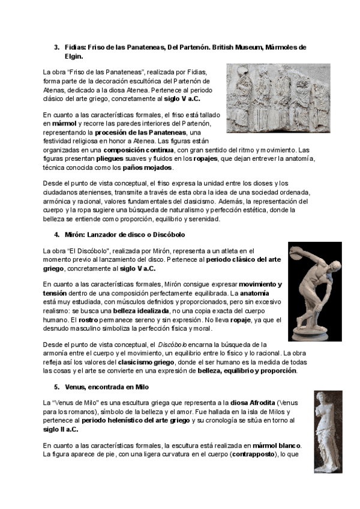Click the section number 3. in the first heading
[x=56, y=47]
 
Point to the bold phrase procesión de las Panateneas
[x=151, y=132]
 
